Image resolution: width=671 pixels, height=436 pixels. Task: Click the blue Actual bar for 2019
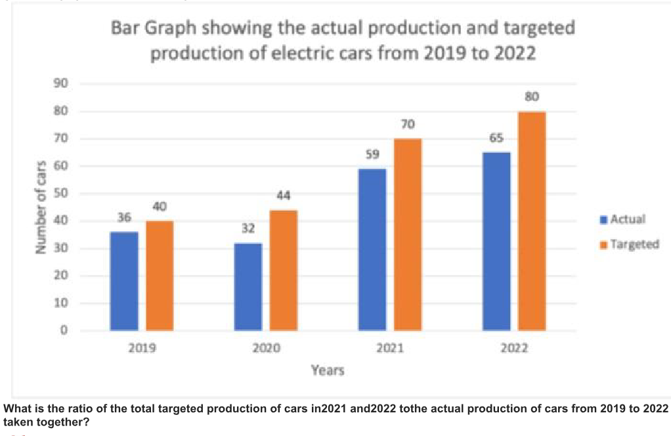[x=124, y=281]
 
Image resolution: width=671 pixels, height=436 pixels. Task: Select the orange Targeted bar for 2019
[x=160, y=276]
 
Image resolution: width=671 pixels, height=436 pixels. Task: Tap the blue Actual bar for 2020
[x=248, y=287]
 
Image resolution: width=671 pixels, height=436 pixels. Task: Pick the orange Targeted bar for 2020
[x=284, y=271]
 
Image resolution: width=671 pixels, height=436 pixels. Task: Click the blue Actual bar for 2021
[x=372, y=250]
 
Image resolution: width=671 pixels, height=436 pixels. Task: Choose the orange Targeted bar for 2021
[x=408, y=234]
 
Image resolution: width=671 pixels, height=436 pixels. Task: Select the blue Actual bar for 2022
[x=496, y=242]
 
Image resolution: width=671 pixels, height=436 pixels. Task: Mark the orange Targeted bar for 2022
[x=532, y=221]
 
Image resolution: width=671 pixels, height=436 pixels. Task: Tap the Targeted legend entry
[x=630, y=245]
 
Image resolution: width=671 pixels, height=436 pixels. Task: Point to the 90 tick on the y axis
[x=61, y=83]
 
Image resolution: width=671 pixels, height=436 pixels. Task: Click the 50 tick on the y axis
[x=61, y=194]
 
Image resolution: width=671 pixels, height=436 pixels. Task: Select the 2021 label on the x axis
[x=390, y=348]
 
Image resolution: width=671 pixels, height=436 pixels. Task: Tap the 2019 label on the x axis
[x=142, y=348]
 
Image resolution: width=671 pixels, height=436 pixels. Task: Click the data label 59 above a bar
[x=372, y=154]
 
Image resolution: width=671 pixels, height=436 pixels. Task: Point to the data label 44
[x=283, y=196]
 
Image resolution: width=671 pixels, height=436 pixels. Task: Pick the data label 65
[x=496, y=138]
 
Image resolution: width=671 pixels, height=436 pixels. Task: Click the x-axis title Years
[x=328, y=370]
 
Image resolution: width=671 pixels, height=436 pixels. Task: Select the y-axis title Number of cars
[x=41, y=207]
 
